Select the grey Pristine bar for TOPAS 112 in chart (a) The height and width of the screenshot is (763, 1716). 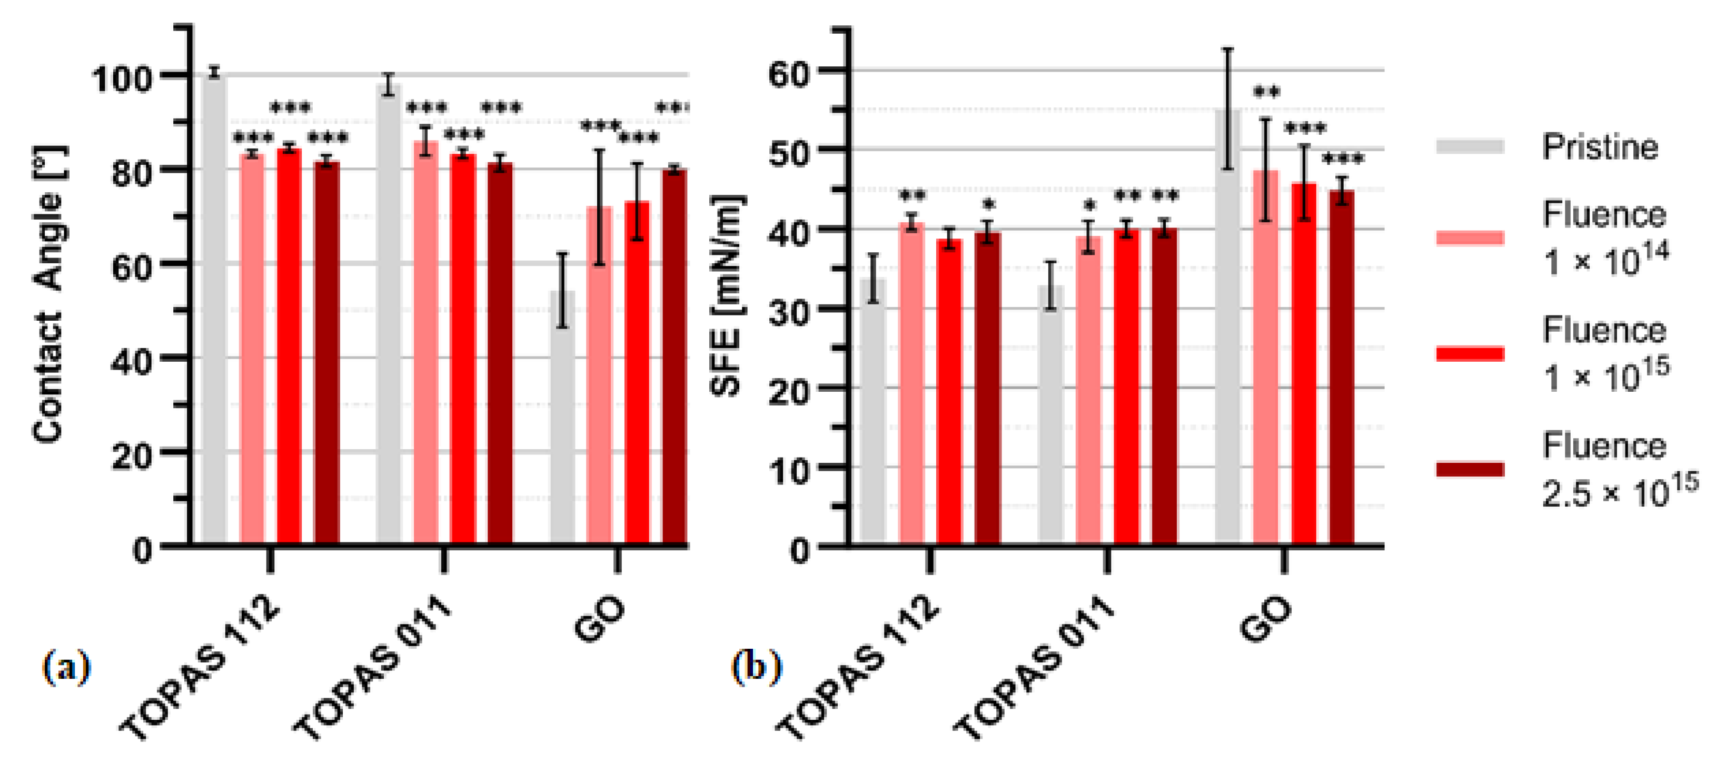214,306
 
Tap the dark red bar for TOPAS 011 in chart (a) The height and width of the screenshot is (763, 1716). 500,353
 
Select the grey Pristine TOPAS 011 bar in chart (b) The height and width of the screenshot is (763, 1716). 1050,413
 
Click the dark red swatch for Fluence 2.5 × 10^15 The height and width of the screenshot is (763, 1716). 1470,470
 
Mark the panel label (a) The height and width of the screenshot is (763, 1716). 66,667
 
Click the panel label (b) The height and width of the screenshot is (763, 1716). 757,667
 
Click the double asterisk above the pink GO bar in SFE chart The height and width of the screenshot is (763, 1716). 1266,92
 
